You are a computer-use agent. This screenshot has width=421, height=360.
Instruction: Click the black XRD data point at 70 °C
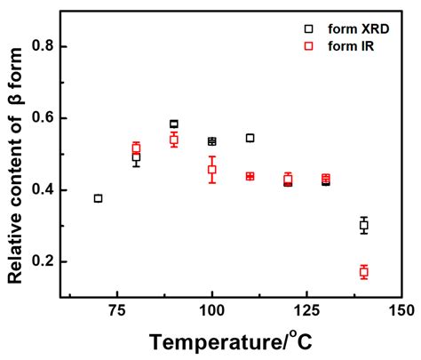pos(98,198)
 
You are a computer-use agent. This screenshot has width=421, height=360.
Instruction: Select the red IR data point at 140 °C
pos(364,271)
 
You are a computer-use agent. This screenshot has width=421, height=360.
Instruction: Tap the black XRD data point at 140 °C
pos(364,225)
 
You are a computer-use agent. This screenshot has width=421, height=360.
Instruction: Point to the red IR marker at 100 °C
pos(211,169)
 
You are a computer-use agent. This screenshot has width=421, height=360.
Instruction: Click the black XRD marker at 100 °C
pos(211,141)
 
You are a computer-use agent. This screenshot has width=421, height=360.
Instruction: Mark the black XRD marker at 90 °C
pos(174,124)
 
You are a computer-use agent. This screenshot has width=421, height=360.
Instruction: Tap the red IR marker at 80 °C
pos(136,148)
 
